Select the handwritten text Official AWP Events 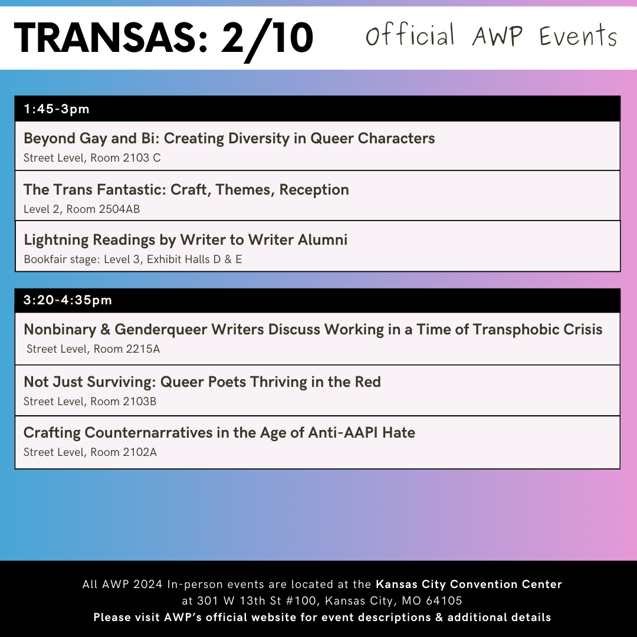coord(491,37)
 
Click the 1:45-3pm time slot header coord(57,109)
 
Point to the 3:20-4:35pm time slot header coord(68,300)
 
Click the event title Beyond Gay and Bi coord(229,138)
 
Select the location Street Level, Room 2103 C coord(92,158)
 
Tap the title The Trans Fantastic coord(186,189)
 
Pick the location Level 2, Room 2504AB coord(81,209)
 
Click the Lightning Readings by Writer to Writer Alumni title coord(185,239)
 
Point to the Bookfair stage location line coord(133,259)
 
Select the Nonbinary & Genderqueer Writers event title coord(313,329)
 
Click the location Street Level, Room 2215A coord(93,349)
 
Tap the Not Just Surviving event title coord(202,382)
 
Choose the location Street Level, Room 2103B coord(90,402)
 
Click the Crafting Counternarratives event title coord(219,432)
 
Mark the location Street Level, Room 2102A coord(90,452)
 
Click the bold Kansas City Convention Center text coord(469,585)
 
